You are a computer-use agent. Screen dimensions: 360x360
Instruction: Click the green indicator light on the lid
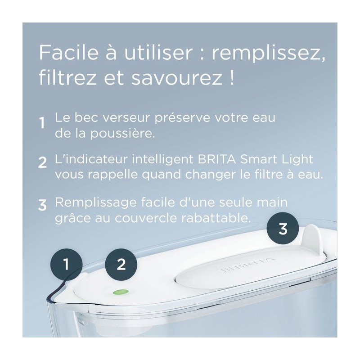(121, 292)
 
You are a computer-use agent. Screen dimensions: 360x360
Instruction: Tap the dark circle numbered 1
(66, 264)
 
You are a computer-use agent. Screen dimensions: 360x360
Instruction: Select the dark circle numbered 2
(121, 265)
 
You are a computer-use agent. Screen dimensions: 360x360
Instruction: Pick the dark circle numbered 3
(283, 229)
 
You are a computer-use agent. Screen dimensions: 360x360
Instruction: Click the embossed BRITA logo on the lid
(247, 265)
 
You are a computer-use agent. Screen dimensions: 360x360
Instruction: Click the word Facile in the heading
(69, 53)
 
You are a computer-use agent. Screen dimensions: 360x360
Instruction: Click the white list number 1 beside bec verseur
(42, 123)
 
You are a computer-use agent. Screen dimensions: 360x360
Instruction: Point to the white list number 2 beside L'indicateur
(42, 162)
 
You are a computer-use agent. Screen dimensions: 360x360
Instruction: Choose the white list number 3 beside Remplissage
(42, 205)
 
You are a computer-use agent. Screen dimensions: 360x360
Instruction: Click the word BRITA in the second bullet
(216, 159)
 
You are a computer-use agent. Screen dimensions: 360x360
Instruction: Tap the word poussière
(122, 133)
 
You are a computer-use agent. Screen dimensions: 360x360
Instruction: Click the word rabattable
(216, 218)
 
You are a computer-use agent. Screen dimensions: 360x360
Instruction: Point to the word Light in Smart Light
(297, 160)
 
